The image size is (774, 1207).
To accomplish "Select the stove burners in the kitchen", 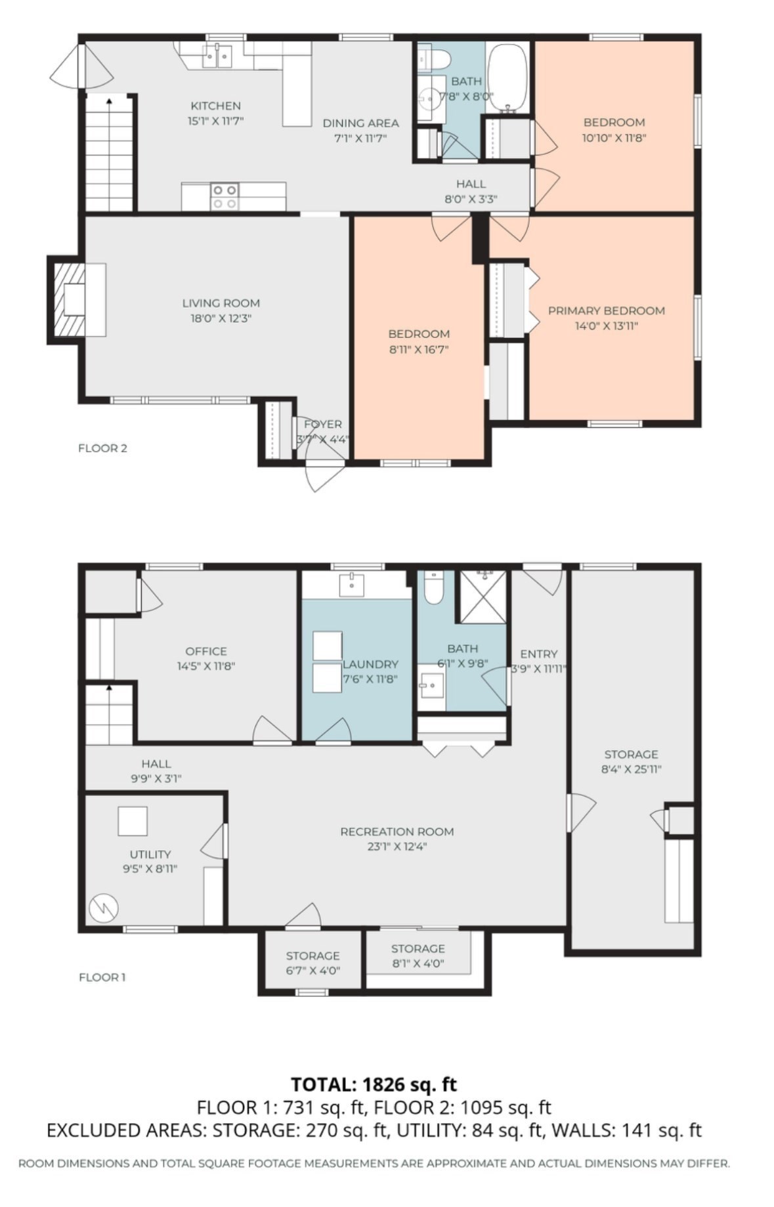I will pyautogui.click(x=225, y=197).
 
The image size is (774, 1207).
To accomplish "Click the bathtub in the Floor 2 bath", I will pyautogui.click(x=508, y=77).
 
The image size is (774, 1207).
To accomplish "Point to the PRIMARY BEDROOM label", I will pyautogui.click(x=606, y=310).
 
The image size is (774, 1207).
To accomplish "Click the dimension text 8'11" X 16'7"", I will pyautogui.click(x=418, y=350).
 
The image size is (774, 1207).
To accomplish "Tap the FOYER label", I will pyautogui.click(x=322, y=424).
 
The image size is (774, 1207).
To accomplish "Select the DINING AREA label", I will pyautogui.click(x=360, y=123).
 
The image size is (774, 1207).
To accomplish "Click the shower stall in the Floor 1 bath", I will pyautogui.click(x=483, y=596).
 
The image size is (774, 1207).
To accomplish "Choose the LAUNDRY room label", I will pyautogui.click(x=370, y=664).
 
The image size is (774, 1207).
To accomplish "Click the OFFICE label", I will pyautogui.click(x=206, y=651).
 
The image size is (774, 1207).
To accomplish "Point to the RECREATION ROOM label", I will pyautogui.click(x=397, y=832).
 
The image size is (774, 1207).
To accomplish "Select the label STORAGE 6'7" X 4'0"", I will pyautogui.click(x=312, y=963).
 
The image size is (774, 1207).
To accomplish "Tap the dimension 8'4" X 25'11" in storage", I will pyautogui.click(x=631, y=769).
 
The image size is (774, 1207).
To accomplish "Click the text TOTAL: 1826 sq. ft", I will pyautogui.click(x=374, y=1084).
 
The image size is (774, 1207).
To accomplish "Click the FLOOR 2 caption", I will pyautogui.click(x=102, y=448).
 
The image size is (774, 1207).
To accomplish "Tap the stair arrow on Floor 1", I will pyautogui.click(x=108, y=688).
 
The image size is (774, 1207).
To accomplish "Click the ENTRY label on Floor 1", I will pyautogui.click(x=538, y=654).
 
